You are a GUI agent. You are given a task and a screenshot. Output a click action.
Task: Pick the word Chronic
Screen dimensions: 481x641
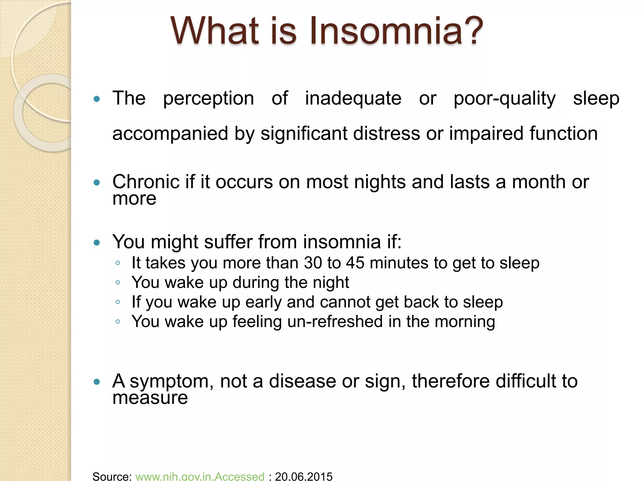(x=146, y=182)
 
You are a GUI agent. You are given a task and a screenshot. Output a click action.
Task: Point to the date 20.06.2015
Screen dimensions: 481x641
(x=304, y=476)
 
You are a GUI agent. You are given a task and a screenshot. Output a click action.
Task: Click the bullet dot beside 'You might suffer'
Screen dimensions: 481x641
(x=97, y=242)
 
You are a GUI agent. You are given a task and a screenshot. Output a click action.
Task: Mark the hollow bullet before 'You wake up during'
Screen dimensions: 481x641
(x=118, y=282)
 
